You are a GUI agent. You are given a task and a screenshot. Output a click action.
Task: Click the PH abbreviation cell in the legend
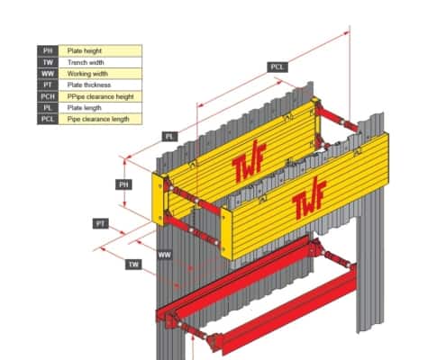[x=48, y=50]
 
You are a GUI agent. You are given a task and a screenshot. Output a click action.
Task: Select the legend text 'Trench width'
[x=86, y=62]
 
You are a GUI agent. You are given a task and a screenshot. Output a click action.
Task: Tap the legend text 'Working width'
[x=87, y=74]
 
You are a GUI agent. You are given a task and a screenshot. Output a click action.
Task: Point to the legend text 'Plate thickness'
[x=89, y=85]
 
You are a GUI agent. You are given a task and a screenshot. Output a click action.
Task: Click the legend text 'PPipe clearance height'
[x=101, y=96]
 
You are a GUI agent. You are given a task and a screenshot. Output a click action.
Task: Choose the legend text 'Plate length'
[x=85, y=108]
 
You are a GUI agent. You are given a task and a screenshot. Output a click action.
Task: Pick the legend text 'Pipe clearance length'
[x=98, y=119]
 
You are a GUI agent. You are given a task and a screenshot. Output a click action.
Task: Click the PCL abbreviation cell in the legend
[x=48, y=119]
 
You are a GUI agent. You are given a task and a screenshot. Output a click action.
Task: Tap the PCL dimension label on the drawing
[x=278, y=67]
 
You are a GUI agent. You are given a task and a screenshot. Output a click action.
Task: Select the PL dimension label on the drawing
[x=169, y=137]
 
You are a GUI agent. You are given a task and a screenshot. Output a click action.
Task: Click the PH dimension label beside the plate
[x=123, y=184]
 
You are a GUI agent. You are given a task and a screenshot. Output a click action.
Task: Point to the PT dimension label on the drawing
[x=101, y=223]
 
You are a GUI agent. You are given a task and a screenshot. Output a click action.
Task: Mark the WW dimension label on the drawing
[x=165, y=255]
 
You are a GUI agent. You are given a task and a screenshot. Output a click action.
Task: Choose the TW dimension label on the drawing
[x=133, y=265]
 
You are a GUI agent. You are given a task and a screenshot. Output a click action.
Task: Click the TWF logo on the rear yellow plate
[x=249, y=161]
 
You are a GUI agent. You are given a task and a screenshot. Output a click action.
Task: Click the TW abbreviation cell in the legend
[x=48, y=62]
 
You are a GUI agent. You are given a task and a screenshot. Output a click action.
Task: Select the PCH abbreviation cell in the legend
[x=48, y=96]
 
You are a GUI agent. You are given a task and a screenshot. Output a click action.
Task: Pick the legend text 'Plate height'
[x=85, y=50]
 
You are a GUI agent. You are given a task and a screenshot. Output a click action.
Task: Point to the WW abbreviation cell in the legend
[x=48, y=74]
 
